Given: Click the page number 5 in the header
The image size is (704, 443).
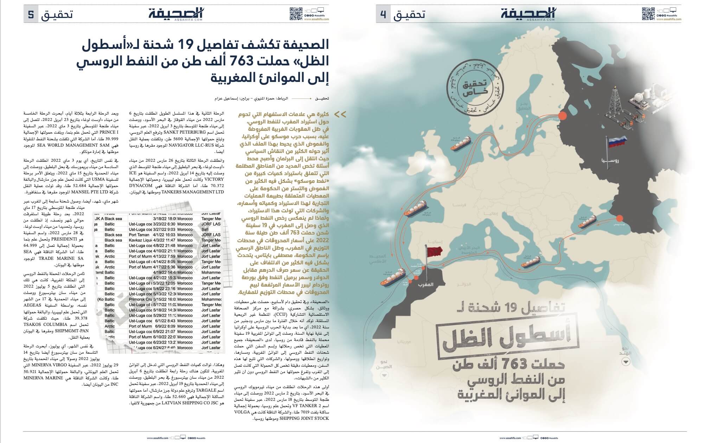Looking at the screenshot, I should (x=31, y=15).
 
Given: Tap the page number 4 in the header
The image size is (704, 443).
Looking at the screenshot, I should (x=383, y=15).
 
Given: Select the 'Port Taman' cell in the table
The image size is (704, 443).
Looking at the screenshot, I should (x=140, y=235).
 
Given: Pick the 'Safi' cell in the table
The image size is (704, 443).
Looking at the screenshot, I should (x=205, y=230).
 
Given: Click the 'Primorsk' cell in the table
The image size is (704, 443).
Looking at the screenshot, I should (x=140, y=299).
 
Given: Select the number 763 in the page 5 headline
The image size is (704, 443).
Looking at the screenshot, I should (x=235, y=60).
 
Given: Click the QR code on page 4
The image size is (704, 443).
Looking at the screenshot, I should (x=648, y=14).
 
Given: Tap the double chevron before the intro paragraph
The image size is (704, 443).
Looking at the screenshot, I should (x=340, y=114).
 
